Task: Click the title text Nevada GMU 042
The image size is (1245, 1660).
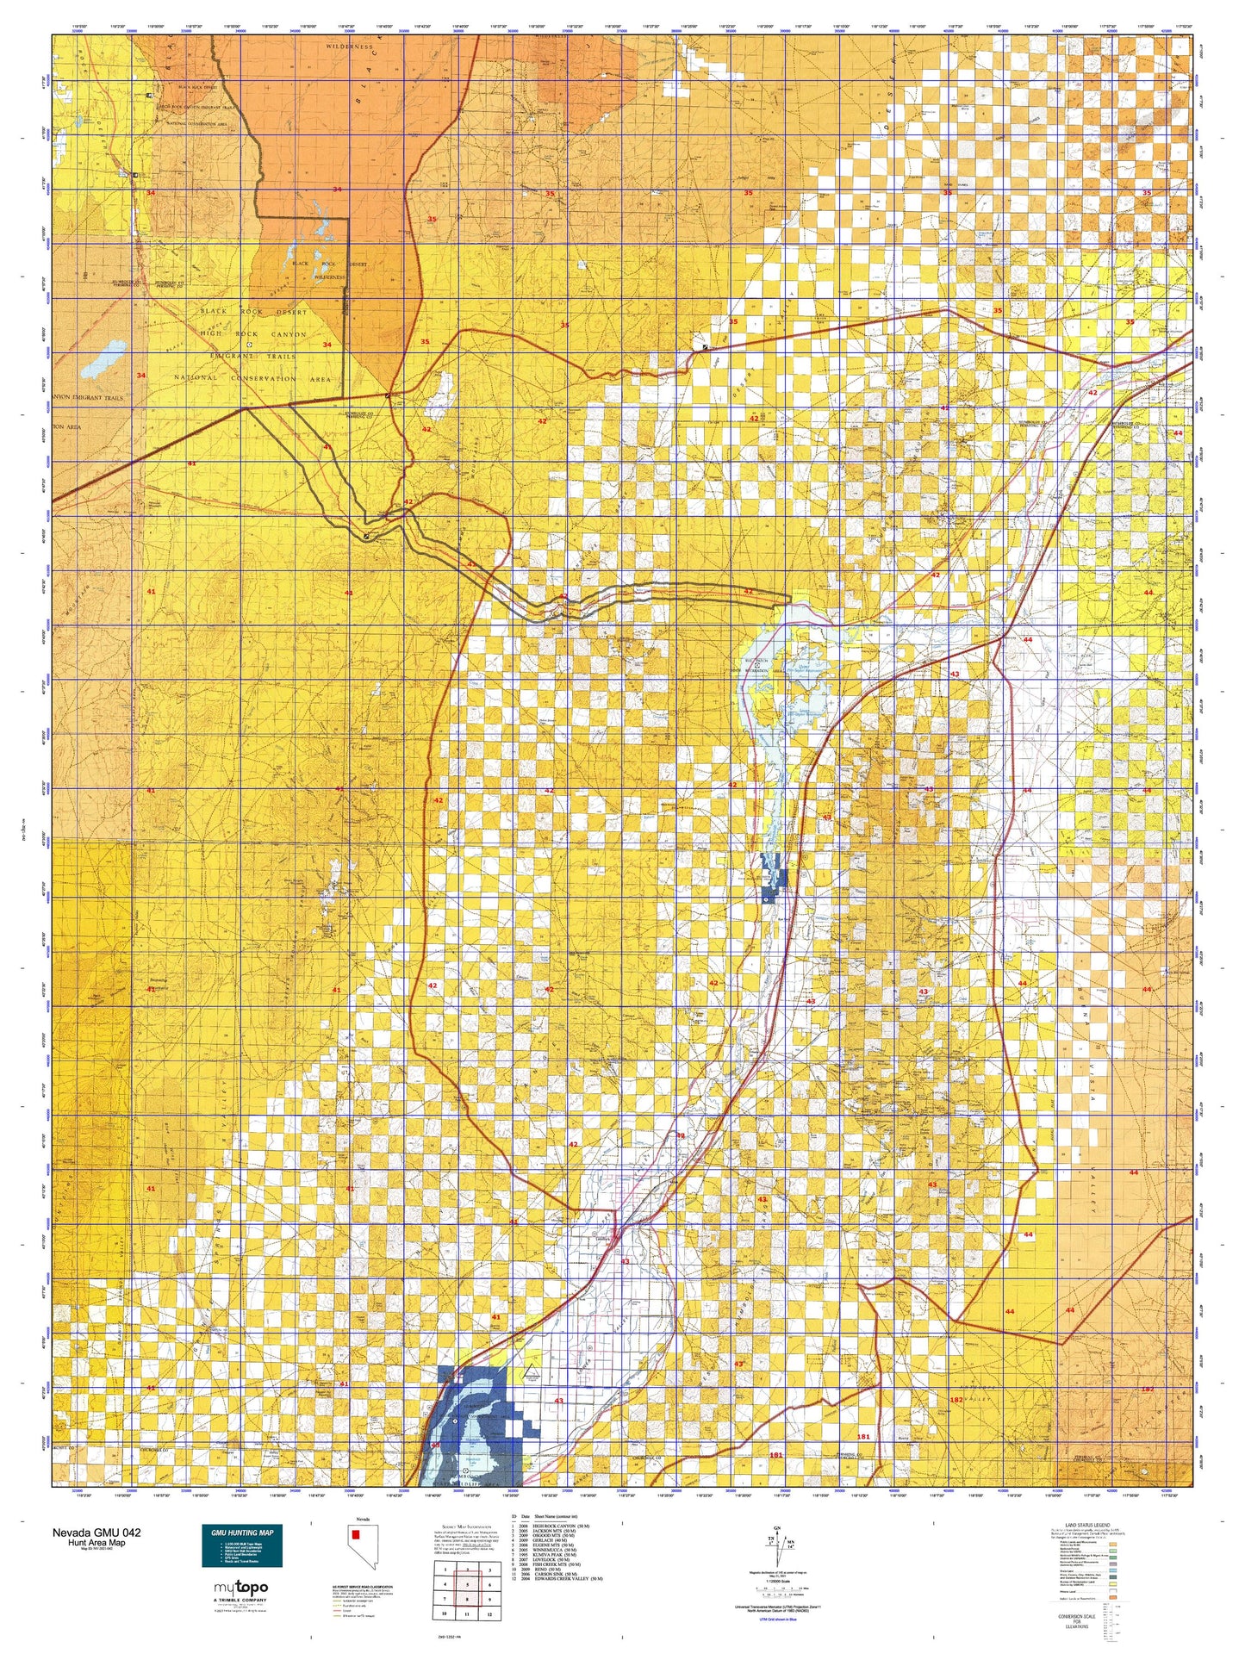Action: [x=96, y=1533]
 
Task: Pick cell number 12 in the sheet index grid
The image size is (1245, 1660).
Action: [x=489, y=1614]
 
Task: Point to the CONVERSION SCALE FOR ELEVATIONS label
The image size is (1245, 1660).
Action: [x=1076, y=1621]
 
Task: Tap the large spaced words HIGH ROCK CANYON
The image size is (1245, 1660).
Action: [x=252, y=334]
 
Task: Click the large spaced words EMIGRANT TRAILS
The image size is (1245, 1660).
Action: [x=253, y=356]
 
